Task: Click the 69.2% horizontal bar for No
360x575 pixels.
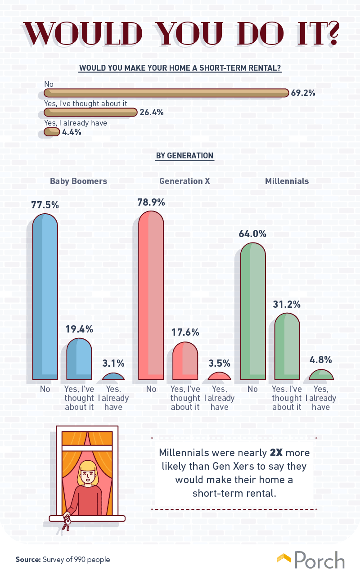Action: click(166, 93)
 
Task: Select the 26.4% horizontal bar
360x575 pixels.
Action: click(90, 112)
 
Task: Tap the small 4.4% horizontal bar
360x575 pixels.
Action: click(52, 132)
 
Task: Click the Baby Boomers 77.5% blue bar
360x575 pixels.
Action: click(45, 297)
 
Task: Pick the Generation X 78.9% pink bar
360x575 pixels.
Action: click(151, 295)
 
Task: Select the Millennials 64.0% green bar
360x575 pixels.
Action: click(253, 311)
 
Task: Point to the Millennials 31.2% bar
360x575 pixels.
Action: click(287, 346)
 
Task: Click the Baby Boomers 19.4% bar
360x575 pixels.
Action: click(79, 359)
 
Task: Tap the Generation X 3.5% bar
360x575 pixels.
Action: click(219, 376)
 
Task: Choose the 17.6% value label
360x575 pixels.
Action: click(185, 332)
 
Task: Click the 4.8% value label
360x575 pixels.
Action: click(321, 359)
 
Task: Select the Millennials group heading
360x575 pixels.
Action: click(287, 181)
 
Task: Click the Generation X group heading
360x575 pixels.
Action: click(184, 181)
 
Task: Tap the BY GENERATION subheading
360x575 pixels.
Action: click(184, 156)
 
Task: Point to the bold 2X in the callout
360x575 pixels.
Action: click(276, 453)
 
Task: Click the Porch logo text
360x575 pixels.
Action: click(319, 560)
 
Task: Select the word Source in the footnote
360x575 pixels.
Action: click(28, 559)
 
